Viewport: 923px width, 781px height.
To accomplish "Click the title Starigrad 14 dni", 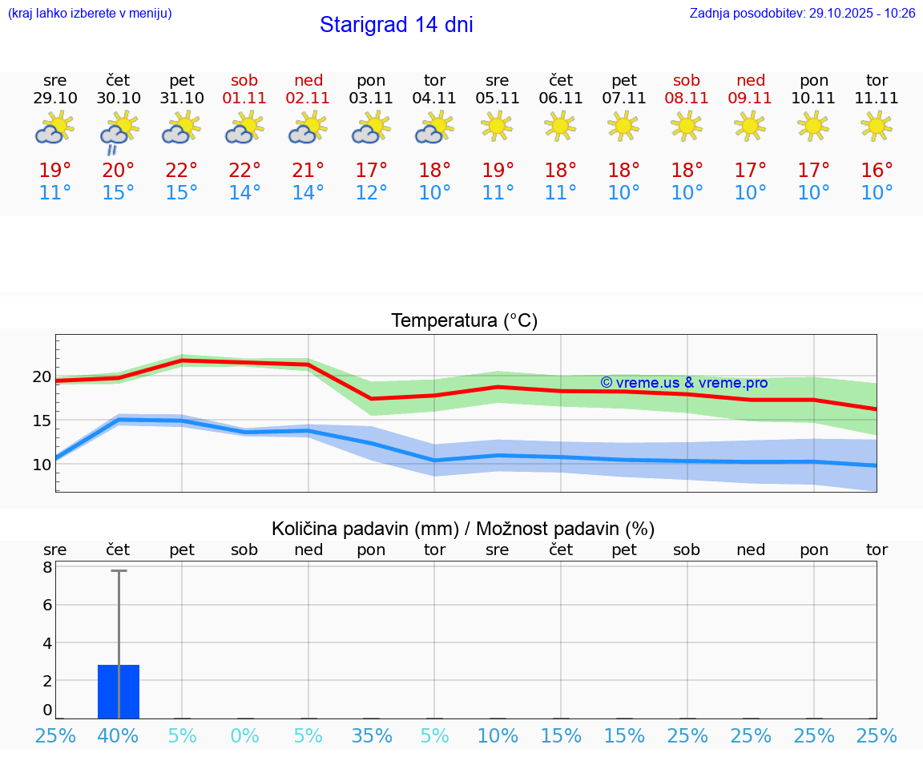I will click(396, 25).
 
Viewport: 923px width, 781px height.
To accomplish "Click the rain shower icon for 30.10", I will click(119, 131).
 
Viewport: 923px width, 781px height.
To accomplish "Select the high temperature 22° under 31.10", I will click(182, 171).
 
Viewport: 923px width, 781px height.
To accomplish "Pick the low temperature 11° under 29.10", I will click(55, 193).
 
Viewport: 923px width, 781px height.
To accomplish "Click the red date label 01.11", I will click(245, 99).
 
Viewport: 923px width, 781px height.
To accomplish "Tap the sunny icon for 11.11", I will click(877, 126).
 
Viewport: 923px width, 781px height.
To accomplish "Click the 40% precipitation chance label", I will click(119, 736).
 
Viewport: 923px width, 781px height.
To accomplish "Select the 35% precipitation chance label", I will click(372, 736).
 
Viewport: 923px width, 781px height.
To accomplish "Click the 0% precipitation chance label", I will click(245, 736).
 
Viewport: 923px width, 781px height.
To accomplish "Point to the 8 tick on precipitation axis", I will click(47, 567).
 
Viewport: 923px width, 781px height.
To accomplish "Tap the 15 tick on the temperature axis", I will click(42, 421).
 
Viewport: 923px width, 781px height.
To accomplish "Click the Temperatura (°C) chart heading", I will click(464, 321).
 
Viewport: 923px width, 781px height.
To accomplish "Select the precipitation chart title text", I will click(463, 529).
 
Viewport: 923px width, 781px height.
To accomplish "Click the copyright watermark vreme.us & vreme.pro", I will click(683, 383).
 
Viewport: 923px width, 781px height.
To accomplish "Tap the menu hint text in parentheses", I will click(90, 13).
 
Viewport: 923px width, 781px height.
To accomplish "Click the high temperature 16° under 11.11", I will click(877, 171).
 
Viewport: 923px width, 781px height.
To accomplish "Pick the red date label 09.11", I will click(750, 99).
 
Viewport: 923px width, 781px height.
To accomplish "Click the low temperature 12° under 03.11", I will click(372, 193).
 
